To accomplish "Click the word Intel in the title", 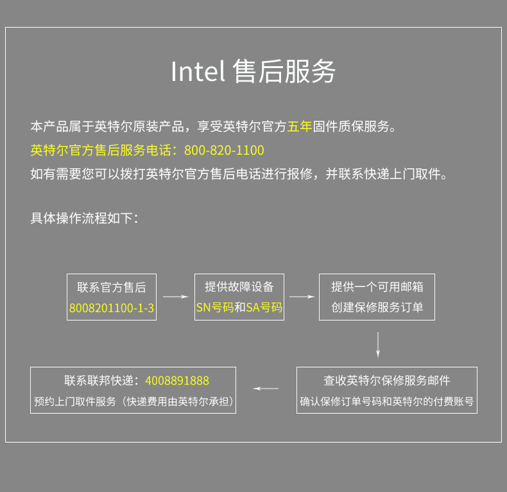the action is (x=197, y=72).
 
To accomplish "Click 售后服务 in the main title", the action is (x=284, y=72).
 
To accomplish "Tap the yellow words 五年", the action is (x=300, y=127).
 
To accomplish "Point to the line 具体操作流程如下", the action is (x=84, y=218).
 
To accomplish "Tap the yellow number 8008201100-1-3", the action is (x=112, y=308).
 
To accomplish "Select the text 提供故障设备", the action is (x=239, y=286).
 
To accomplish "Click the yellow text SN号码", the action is (x=214, y=308).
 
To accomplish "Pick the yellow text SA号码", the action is (x=264, y=308).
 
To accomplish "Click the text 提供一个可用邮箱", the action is (x=377, y=286).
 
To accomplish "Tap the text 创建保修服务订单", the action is (x=377, y=308).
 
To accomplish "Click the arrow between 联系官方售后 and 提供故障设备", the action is (x=175, y=297).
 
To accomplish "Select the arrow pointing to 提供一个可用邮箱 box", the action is (x=302, y=297).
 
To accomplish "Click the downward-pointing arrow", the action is (x=378, y=344).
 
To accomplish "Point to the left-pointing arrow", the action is (x=266, y=389).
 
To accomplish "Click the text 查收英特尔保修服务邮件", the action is (x=387, y=380).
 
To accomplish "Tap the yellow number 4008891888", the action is (x=177, y=381).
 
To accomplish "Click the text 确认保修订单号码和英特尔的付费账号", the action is (x=387, y=402).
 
